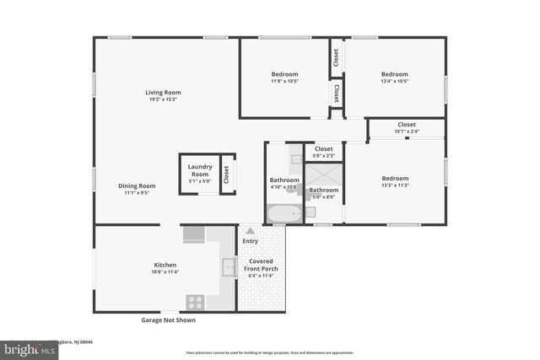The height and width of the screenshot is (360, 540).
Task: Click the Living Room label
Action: tap(163, 93)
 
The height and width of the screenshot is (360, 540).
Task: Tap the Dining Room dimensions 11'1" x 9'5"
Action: tap(136, 193)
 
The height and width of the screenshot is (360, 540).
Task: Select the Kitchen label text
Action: tap(165, 265)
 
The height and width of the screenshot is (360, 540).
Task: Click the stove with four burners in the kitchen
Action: tap(195, 301)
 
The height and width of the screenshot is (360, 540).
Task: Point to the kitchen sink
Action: tap(229, 267)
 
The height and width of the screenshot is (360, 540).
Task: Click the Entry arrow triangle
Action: tap(250, 230)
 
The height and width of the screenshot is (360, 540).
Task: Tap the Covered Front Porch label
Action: tap(261, 266)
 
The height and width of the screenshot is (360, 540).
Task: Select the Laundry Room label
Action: tap(199, 169)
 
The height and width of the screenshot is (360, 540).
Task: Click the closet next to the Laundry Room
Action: tap(227, 174)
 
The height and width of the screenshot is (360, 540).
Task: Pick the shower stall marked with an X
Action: tap(323, 175)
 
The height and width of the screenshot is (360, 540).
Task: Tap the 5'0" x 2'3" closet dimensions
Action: tap(324, 155)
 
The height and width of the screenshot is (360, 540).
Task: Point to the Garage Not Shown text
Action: tap(168, 320)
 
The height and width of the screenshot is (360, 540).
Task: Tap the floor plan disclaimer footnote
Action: tap(270, 352)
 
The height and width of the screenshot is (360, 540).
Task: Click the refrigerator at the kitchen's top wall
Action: tap(194, 234)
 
